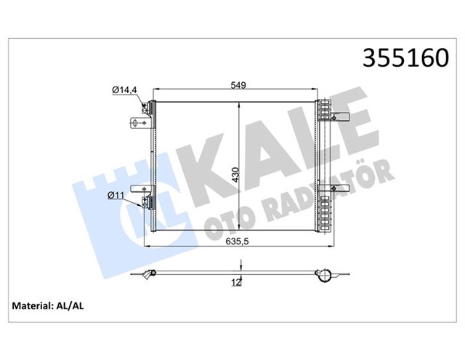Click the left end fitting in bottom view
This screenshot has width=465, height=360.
pos(150,275)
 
